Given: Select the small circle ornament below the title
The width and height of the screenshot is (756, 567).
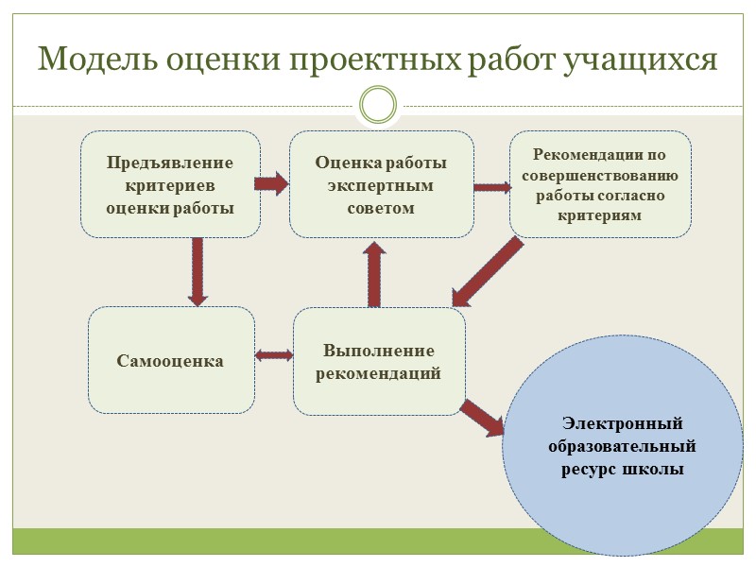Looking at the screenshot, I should coord(379,104).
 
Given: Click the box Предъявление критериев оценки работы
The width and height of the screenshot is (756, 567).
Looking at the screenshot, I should coord(170,184).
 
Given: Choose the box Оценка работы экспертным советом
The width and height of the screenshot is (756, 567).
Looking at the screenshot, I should coord(381,184).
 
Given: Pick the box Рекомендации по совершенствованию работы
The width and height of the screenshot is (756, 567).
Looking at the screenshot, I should coord(601,184).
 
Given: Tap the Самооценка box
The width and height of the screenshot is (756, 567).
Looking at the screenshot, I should coord(171,360).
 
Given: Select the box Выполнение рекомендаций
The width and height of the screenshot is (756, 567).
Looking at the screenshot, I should coord(379,362).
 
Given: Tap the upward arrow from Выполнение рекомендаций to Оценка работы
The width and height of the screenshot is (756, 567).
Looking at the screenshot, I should coord(373,274).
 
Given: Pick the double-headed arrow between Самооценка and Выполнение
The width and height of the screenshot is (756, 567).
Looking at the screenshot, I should coord(274,355).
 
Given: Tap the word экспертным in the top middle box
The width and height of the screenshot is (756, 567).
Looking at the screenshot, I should coord(381,185).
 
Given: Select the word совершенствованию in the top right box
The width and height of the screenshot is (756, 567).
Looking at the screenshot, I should coord(601,175).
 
